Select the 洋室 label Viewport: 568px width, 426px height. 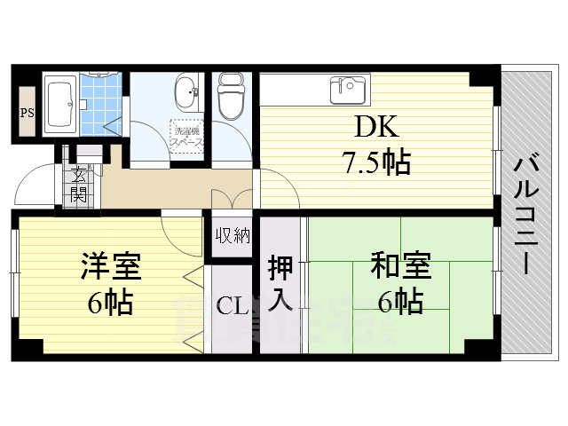[111, 266]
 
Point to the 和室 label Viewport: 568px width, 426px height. [400, 266]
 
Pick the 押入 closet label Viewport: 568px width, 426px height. [280, 284]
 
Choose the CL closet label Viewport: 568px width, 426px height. [233, 307]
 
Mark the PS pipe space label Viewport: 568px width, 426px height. [27, 112]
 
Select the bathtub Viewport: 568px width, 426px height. [59, 105]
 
